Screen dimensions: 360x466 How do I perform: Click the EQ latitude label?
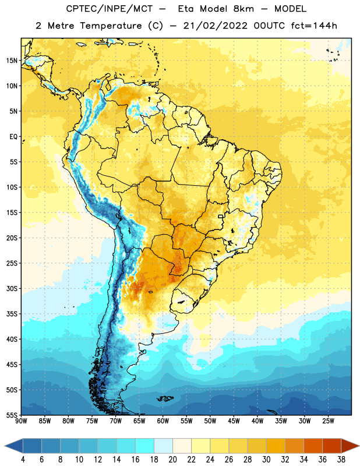(13, 137)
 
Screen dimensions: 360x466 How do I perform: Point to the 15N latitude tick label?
(12, 61)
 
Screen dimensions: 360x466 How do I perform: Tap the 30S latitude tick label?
(12, 288)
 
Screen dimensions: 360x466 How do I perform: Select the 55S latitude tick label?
(12, 415)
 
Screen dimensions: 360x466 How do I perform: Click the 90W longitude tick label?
(21, 421)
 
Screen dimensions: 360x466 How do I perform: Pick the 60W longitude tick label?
(163, 421)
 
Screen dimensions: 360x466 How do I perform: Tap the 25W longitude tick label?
(328, 421)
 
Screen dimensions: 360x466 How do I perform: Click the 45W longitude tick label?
(234, 421)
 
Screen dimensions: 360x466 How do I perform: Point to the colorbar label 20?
(172, 460)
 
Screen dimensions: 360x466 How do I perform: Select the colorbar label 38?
(341, 460)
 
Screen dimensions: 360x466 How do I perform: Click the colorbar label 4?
(23, 460)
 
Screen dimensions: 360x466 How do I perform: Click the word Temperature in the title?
(111, 26)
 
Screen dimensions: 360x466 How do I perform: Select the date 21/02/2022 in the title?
(215, 26)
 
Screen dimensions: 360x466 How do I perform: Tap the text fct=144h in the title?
(314, 26)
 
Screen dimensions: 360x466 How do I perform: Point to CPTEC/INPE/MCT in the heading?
(110, 9)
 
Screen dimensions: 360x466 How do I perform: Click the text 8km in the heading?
(243, 9)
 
